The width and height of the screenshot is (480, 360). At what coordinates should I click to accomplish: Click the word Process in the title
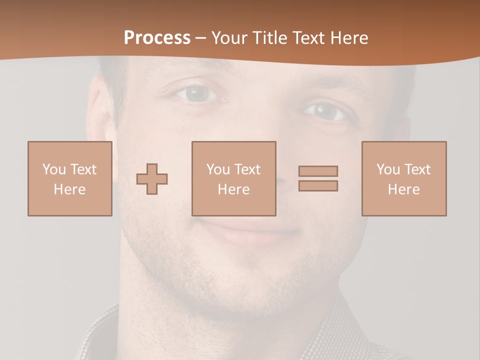pyautogui.click(x=157, y=38)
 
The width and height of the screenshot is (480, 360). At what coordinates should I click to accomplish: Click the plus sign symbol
pyautogui.click(x=152, y=179)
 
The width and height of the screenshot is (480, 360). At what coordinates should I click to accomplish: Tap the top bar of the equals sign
pyautogui.click(x=318, y=171)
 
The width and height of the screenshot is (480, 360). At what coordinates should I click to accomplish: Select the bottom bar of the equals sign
pyautogui.click(x=318, y=185)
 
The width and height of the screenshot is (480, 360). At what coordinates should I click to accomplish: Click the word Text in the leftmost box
pyautogui.click(x=83, y=169)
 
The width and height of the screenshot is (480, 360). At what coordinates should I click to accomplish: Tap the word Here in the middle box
pyautogui.click(x=233, y=189)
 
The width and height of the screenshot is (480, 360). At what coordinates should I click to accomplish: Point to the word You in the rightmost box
pyautogui.click(x=388, y=169)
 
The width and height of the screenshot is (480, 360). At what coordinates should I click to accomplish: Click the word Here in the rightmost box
pyautogui.click(x=403, y=189)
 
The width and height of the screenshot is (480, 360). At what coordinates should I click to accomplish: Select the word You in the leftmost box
pyautogui.click(x=54, y=169)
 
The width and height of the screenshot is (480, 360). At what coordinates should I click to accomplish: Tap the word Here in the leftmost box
pyautogui.click(x=69, y=189)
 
